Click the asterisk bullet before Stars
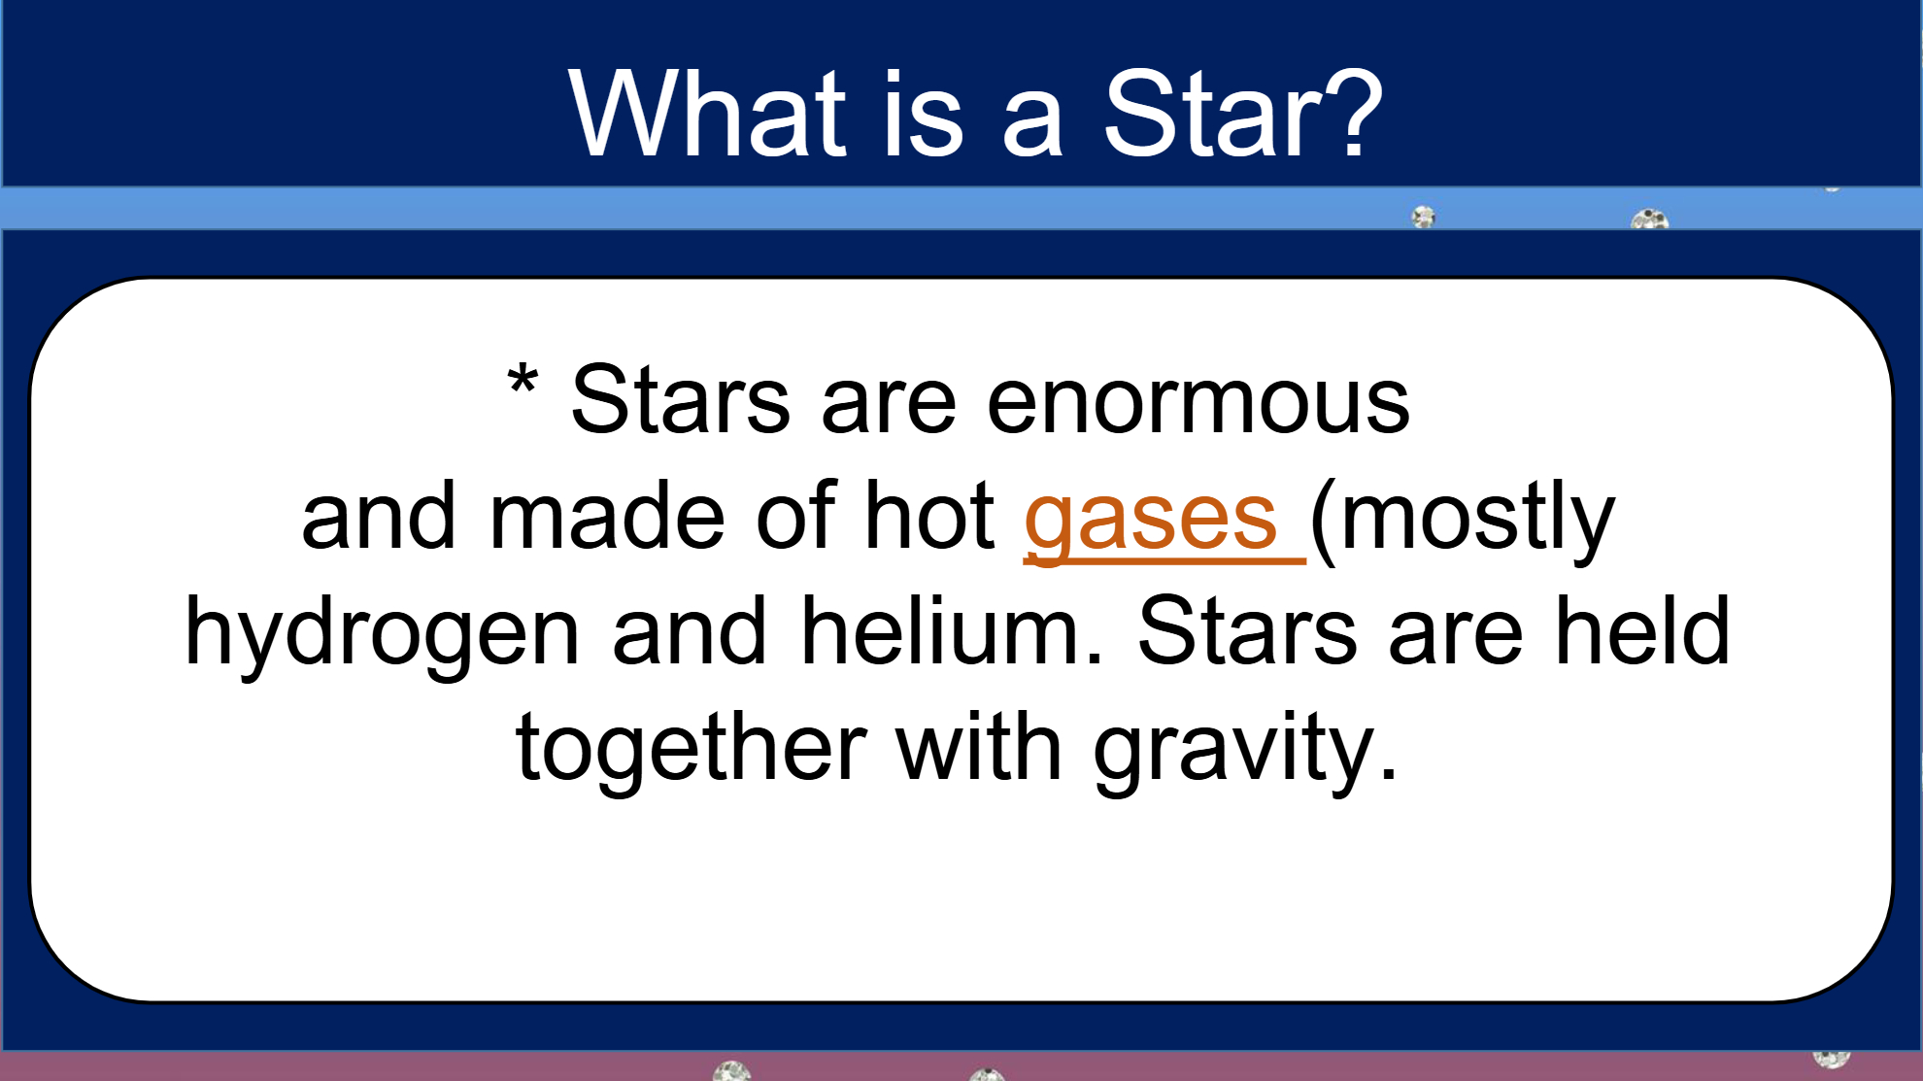(x=523, y=379)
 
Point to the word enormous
(x=1198, y=401)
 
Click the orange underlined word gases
(x=1151, y=520)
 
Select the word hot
(x=929, y=515)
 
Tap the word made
(x=607, y=515)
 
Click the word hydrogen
(x=382, y=633)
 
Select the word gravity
(x=1246, y=750)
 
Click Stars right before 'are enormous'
(x=681, y=399)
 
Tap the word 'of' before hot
(x=795, y=515)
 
